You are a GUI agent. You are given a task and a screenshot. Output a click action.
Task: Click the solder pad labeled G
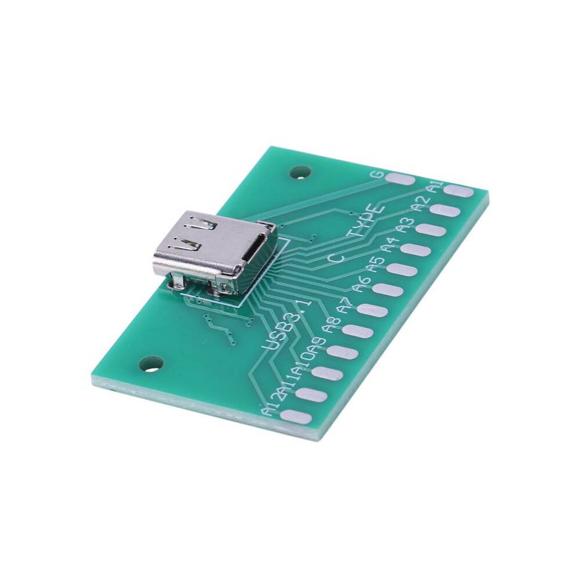400,179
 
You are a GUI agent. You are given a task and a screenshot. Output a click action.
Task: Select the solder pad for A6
387,290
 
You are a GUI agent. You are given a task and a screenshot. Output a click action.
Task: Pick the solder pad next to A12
296,416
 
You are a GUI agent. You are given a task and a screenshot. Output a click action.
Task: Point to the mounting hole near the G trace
300,172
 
